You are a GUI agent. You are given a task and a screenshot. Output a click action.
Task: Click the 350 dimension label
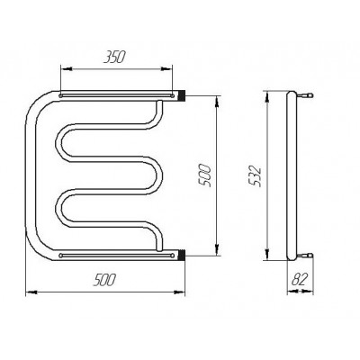[x=113, y=57]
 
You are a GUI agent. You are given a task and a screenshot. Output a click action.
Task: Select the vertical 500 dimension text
[x=206, y=175]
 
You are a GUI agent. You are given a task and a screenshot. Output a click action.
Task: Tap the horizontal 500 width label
[x=104, y=280]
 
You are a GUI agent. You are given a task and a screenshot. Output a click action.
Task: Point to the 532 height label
[x=256, y=177]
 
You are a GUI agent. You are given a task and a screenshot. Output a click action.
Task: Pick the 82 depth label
[x=299, y=280]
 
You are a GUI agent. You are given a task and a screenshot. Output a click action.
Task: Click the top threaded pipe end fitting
[x=182, y=95]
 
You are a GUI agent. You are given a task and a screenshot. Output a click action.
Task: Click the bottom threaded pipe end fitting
[x=182, y=256]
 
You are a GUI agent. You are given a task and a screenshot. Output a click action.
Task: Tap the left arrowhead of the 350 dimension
[x=67, y=69]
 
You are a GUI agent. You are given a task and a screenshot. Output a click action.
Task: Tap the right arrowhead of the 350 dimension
[x=166, y=69]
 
